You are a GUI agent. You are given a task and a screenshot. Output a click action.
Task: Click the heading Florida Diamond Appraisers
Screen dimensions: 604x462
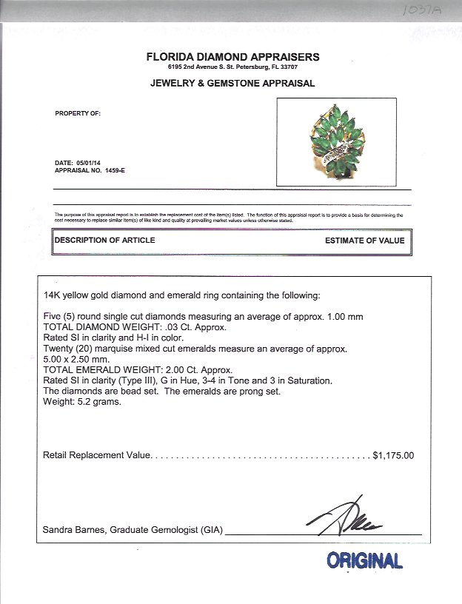pos(233,56)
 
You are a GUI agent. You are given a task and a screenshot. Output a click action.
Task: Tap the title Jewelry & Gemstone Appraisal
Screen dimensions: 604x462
pos(232,84)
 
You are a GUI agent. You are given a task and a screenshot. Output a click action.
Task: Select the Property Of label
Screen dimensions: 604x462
pos(78,113)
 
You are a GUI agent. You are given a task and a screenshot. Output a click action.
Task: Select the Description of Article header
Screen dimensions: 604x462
pos(104,241)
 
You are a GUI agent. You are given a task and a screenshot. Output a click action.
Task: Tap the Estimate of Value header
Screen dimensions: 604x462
pos(365,241)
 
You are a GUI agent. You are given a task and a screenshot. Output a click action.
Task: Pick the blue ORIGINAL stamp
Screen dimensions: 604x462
pos(365,560)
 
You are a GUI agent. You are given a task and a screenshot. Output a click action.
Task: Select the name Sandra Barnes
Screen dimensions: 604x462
pos(73,531)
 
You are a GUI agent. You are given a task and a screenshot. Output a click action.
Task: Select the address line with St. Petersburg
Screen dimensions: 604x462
pos(233,67)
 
